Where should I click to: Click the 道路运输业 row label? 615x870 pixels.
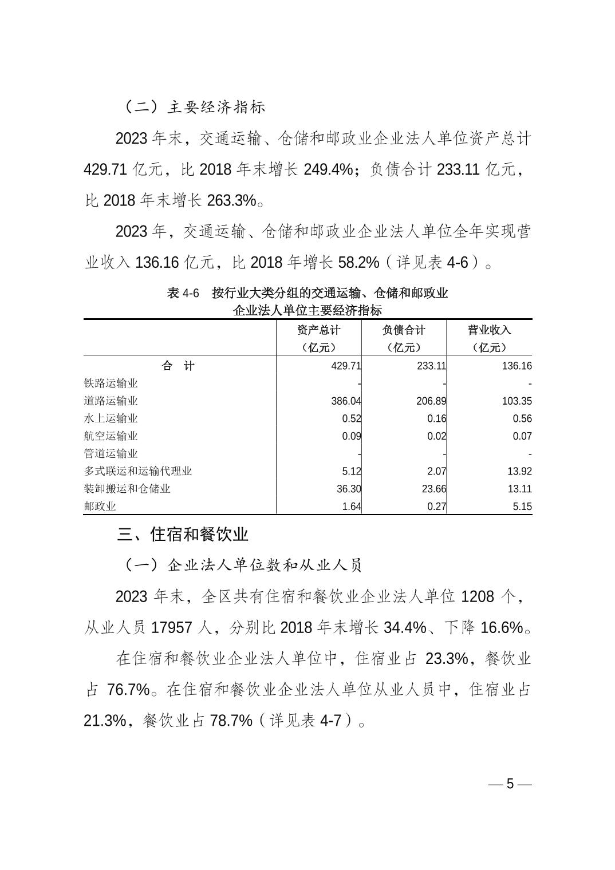(x=111, y=401)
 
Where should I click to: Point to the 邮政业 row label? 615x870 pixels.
(x=100, y=506)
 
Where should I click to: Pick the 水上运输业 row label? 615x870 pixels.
(x=111, y=418)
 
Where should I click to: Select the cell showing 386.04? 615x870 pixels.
(x=346, y=401)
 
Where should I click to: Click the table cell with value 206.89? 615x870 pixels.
(x=431, y=401)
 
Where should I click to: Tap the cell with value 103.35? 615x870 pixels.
(x=517, y=401)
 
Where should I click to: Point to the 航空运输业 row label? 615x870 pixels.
(x=111, y=436)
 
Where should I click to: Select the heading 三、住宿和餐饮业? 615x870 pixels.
(x=183, y=535)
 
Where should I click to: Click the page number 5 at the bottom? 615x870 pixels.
(x=510, y=784)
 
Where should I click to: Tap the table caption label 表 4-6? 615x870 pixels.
(x=183, y=294)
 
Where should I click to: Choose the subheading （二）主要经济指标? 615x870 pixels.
(x=194, y=107)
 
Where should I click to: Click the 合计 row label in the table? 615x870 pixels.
(x=179, y=366)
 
